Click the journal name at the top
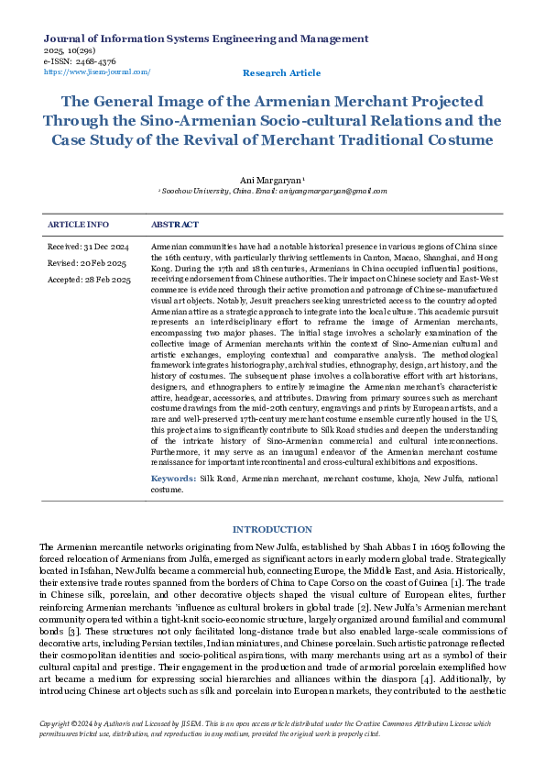206,39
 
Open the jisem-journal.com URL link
97,72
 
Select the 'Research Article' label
281,72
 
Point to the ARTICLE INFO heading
78,225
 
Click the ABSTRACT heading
175,225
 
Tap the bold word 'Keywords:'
173,480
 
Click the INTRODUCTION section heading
272,530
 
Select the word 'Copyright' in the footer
58,724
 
